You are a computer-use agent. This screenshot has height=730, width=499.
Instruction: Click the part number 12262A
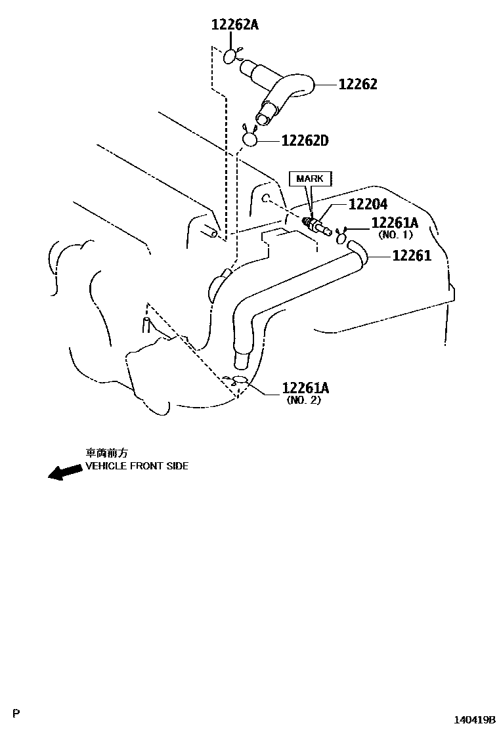235,26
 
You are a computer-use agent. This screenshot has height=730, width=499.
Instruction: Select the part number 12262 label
358,85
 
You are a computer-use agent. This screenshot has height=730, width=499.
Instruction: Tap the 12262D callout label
305,140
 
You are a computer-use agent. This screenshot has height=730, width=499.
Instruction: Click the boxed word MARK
310,179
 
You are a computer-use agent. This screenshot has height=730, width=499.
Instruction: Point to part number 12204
368,205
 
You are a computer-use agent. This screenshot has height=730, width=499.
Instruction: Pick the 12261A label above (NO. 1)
395,223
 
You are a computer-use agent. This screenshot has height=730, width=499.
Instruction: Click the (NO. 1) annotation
395,235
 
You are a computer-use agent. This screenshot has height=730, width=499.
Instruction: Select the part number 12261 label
412,255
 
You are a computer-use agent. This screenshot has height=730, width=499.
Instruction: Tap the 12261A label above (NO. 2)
305,389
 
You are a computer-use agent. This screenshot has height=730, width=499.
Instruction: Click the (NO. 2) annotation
303,400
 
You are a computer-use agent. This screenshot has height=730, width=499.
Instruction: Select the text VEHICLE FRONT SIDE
137,466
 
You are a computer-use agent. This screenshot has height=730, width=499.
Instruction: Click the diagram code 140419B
474,720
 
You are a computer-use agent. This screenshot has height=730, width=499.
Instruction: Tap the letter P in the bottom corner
18,713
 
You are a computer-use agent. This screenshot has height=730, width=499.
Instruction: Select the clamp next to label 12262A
231,56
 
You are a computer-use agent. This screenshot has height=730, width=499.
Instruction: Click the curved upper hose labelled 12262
282,92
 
